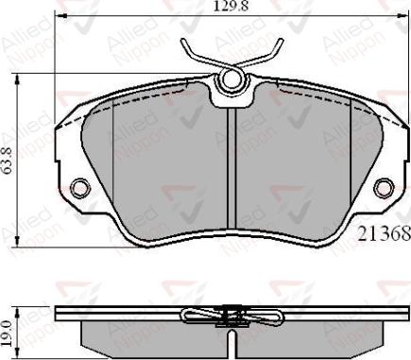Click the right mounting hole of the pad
[x=385, y=187]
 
